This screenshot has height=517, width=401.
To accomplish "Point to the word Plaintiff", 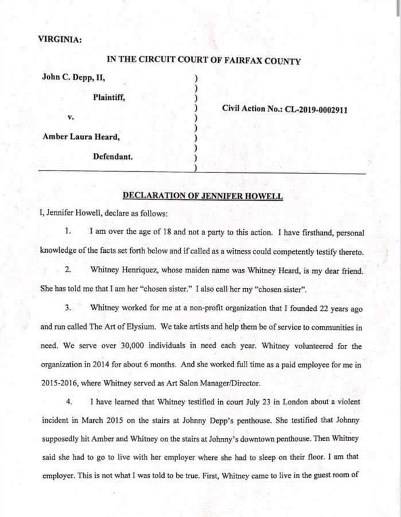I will pyautogui.click(x=110, y=98).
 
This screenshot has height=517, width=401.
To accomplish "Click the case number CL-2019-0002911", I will pyautogui.click(x=309, y=107).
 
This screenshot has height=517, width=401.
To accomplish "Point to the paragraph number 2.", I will pyautogui.click(x=67, y=269).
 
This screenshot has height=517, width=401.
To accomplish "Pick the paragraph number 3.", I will pyautogui.click(x=67, y=307).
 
